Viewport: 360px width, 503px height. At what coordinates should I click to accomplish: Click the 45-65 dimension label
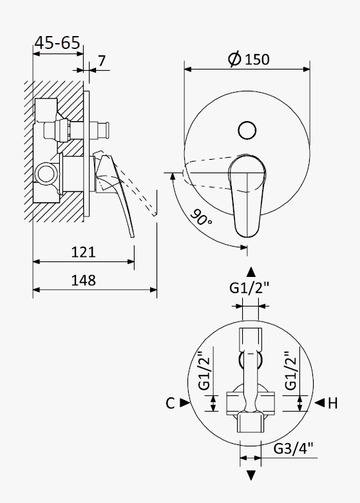coord(57,43)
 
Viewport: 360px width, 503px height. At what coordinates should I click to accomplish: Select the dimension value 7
coord(102,61)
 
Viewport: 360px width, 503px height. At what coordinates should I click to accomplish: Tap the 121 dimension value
coord(84,252)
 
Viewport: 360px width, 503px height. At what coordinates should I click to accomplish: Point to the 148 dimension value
coord(84,280)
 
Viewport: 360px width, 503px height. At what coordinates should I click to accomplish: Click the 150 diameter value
coord(257,60)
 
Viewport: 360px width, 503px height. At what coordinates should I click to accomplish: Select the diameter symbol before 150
coord(234,59)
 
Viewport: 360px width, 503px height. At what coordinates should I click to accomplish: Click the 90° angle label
coord(201,217)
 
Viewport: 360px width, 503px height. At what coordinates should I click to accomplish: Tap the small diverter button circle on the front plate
coord(247,130)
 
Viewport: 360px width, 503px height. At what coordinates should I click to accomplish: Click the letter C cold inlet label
coord(170,403)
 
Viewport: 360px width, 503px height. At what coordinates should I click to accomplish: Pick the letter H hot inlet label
coord(333,403)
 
